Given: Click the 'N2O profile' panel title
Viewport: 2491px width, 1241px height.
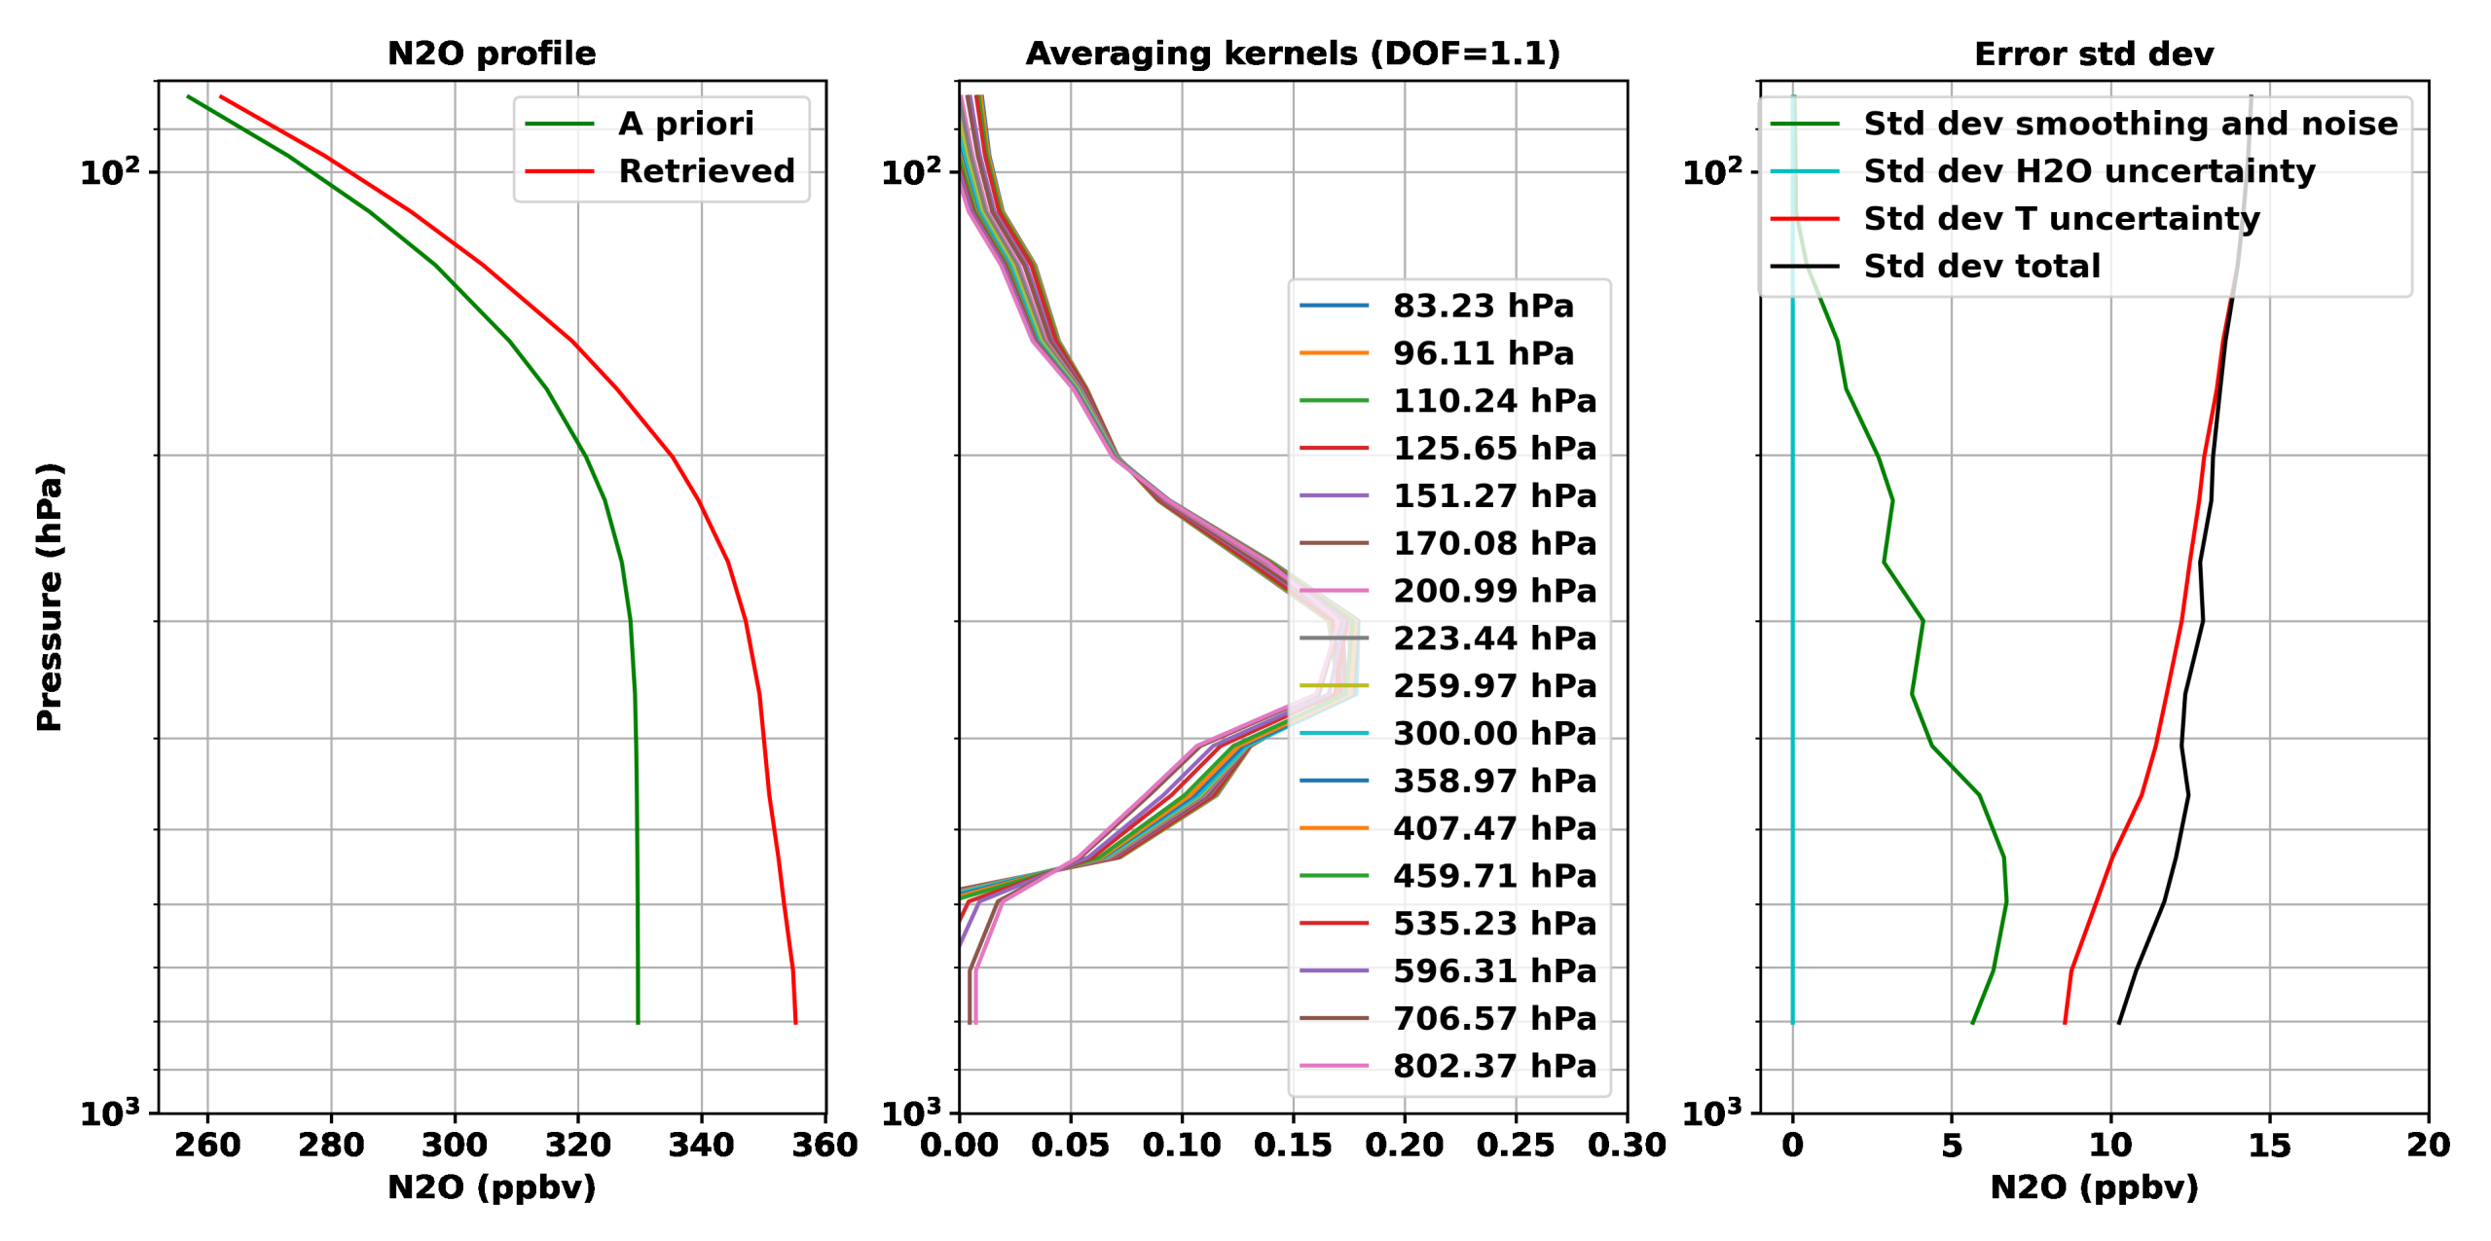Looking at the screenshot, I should (492, 54).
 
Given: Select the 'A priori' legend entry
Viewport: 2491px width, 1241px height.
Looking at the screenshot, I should (685, 124).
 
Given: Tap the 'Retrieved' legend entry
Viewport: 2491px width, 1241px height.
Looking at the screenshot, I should (706, 171).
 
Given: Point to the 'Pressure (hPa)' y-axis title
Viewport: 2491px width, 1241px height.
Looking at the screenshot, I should (49, 597).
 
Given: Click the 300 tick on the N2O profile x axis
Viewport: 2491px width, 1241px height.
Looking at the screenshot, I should (455, 1145).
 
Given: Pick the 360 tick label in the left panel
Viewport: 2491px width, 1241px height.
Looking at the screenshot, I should (824, 1145).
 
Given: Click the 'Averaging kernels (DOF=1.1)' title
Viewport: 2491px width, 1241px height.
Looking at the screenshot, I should (1293, 54).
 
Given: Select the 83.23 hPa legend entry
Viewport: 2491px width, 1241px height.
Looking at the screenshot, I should (1483, 306).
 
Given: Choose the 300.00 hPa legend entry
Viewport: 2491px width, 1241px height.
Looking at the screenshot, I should (1494, 733).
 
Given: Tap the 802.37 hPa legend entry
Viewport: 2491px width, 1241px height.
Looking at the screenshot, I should (1494, 1066).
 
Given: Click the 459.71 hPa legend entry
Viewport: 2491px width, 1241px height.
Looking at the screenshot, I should (1494, 876).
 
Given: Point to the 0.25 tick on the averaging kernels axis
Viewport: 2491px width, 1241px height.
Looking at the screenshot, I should (1516, 1145).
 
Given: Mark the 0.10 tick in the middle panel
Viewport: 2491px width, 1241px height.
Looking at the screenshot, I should (1182, 1145).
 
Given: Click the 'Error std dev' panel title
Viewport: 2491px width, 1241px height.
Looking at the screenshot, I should (2094, 54).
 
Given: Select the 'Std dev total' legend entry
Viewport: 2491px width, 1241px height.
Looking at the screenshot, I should (1981, 266).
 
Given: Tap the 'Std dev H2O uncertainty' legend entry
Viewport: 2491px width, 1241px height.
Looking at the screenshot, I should (2089, 171).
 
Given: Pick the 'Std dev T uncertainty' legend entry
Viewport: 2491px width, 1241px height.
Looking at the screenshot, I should (2061, 218).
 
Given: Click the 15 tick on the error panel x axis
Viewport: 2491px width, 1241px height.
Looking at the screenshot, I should (2269, 1145).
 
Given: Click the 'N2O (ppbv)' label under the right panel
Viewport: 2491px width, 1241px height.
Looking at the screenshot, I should (2094, 1187).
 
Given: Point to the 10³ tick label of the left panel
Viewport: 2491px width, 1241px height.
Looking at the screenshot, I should (110, 1112).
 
